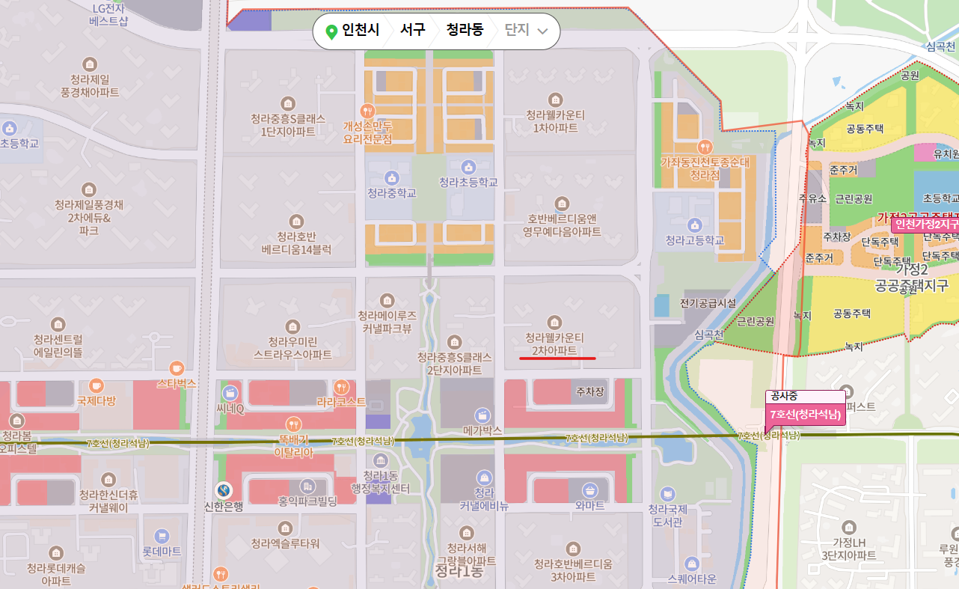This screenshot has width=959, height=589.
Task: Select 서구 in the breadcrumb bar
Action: point(412,31)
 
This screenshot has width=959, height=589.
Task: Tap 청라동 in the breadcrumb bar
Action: point(465,31)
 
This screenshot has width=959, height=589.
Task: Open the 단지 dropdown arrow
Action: point(543,31)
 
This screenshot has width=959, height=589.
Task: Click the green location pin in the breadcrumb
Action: point(331,31)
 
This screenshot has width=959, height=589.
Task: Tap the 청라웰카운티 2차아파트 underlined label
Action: point(554,344)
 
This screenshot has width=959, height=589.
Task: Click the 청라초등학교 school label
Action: point(468,182)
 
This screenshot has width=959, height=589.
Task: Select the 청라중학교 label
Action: point(391,193)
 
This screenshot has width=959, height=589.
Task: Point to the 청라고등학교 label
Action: point(695,240)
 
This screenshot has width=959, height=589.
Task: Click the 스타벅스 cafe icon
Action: point(177,367)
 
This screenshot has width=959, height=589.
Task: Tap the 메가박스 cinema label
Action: point(482,430)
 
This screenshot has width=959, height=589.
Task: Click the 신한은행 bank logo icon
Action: point(223,490)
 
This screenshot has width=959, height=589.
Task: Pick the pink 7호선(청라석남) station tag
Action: point(806,415)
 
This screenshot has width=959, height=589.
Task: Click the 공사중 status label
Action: point(785,397)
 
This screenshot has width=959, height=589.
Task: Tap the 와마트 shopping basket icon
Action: point(590,490)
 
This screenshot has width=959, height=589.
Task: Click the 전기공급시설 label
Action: point(708,303)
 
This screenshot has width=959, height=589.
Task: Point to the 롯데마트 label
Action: point(162,551)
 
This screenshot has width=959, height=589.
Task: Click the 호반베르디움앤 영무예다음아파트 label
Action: point(562,225)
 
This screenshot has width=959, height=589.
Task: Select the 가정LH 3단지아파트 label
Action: point(848,549)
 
